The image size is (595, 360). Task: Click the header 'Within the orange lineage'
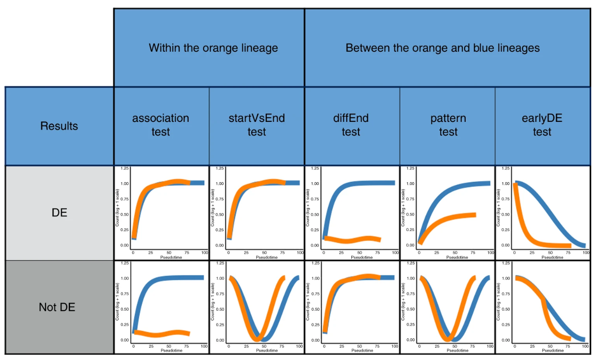(x=213, y=48)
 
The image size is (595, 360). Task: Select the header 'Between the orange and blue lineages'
(x=442, y=48)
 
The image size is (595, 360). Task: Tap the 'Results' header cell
(x=59, y=126)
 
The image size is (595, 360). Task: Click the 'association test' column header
(x=160, y=125)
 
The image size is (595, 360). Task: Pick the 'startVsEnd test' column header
(x=256, y=125)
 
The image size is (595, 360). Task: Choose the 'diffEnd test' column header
(x=351, y=125)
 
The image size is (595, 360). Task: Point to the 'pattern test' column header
(x=448, y=125)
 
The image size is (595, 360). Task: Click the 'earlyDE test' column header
(x=542, y=125)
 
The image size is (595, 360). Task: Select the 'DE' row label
(x=59, y=213)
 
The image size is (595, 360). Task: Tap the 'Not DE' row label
(x=57, y=307)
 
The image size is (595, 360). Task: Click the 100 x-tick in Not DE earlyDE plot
(x=585, y=346)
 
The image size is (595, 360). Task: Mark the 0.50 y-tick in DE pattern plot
(x=410, y=214)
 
